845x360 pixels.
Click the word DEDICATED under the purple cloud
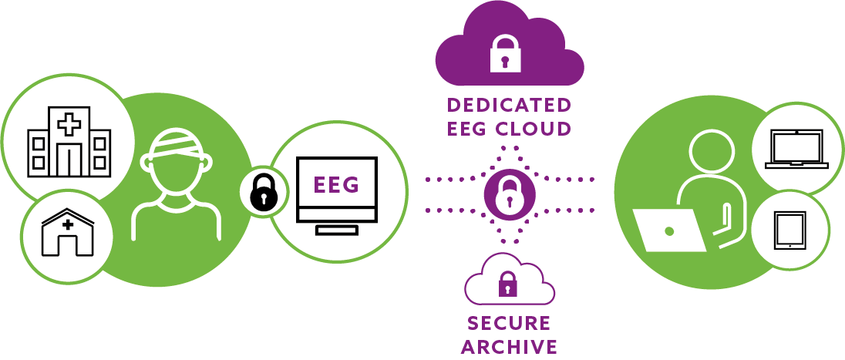509,105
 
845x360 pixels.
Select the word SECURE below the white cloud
509,322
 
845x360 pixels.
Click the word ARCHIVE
509,346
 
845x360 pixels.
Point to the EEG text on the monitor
336,186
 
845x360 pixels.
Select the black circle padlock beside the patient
263,193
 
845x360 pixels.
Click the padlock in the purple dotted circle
509,194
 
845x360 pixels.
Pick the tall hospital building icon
69,141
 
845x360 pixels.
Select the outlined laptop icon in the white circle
796,149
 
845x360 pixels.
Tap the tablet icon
789,230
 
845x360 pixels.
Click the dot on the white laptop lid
669,230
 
